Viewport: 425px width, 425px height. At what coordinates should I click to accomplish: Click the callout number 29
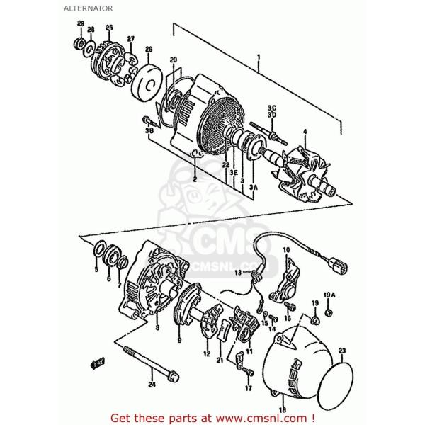(80, 25)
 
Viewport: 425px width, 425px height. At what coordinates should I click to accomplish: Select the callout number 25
(109, 28)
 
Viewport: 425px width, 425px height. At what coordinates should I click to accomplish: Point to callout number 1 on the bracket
(259, 56)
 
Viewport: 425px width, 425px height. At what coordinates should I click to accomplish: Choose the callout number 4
(305, 131)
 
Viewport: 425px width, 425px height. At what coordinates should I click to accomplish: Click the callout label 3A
(254, 186)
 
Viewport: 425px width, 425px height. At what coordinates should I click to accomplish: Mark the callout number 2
(192, 178)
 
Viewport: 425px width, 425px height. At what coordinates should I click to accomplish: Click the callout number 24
(149, 385)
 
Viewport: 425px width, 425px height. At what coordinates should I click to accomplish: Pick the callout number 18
(282, 409)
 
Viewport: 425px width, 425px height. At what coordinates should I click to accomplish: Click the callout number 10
(286, 250)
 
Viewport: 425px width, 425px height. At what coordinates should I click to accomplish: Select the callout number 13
(238, 272)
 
